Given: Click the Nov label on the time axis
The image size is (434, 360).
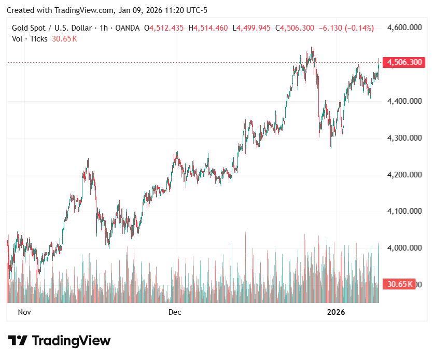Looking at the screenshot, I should [x=25, y=312].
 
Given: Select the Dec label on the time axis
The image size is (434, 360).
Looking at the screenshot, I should [x=175, y=312].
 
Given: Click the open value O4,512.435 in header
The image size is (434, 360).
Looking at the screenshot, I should [x=164, y=28].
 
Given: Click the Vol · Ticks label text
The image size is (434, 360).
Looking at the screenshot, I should [x=30, y=38].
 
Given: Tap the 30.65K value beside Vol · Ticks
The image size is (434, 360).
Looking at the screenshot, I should [x=64, y=38].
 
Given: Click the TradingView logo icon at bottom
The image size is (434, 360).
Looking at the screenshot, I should [x=18, y=341].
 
